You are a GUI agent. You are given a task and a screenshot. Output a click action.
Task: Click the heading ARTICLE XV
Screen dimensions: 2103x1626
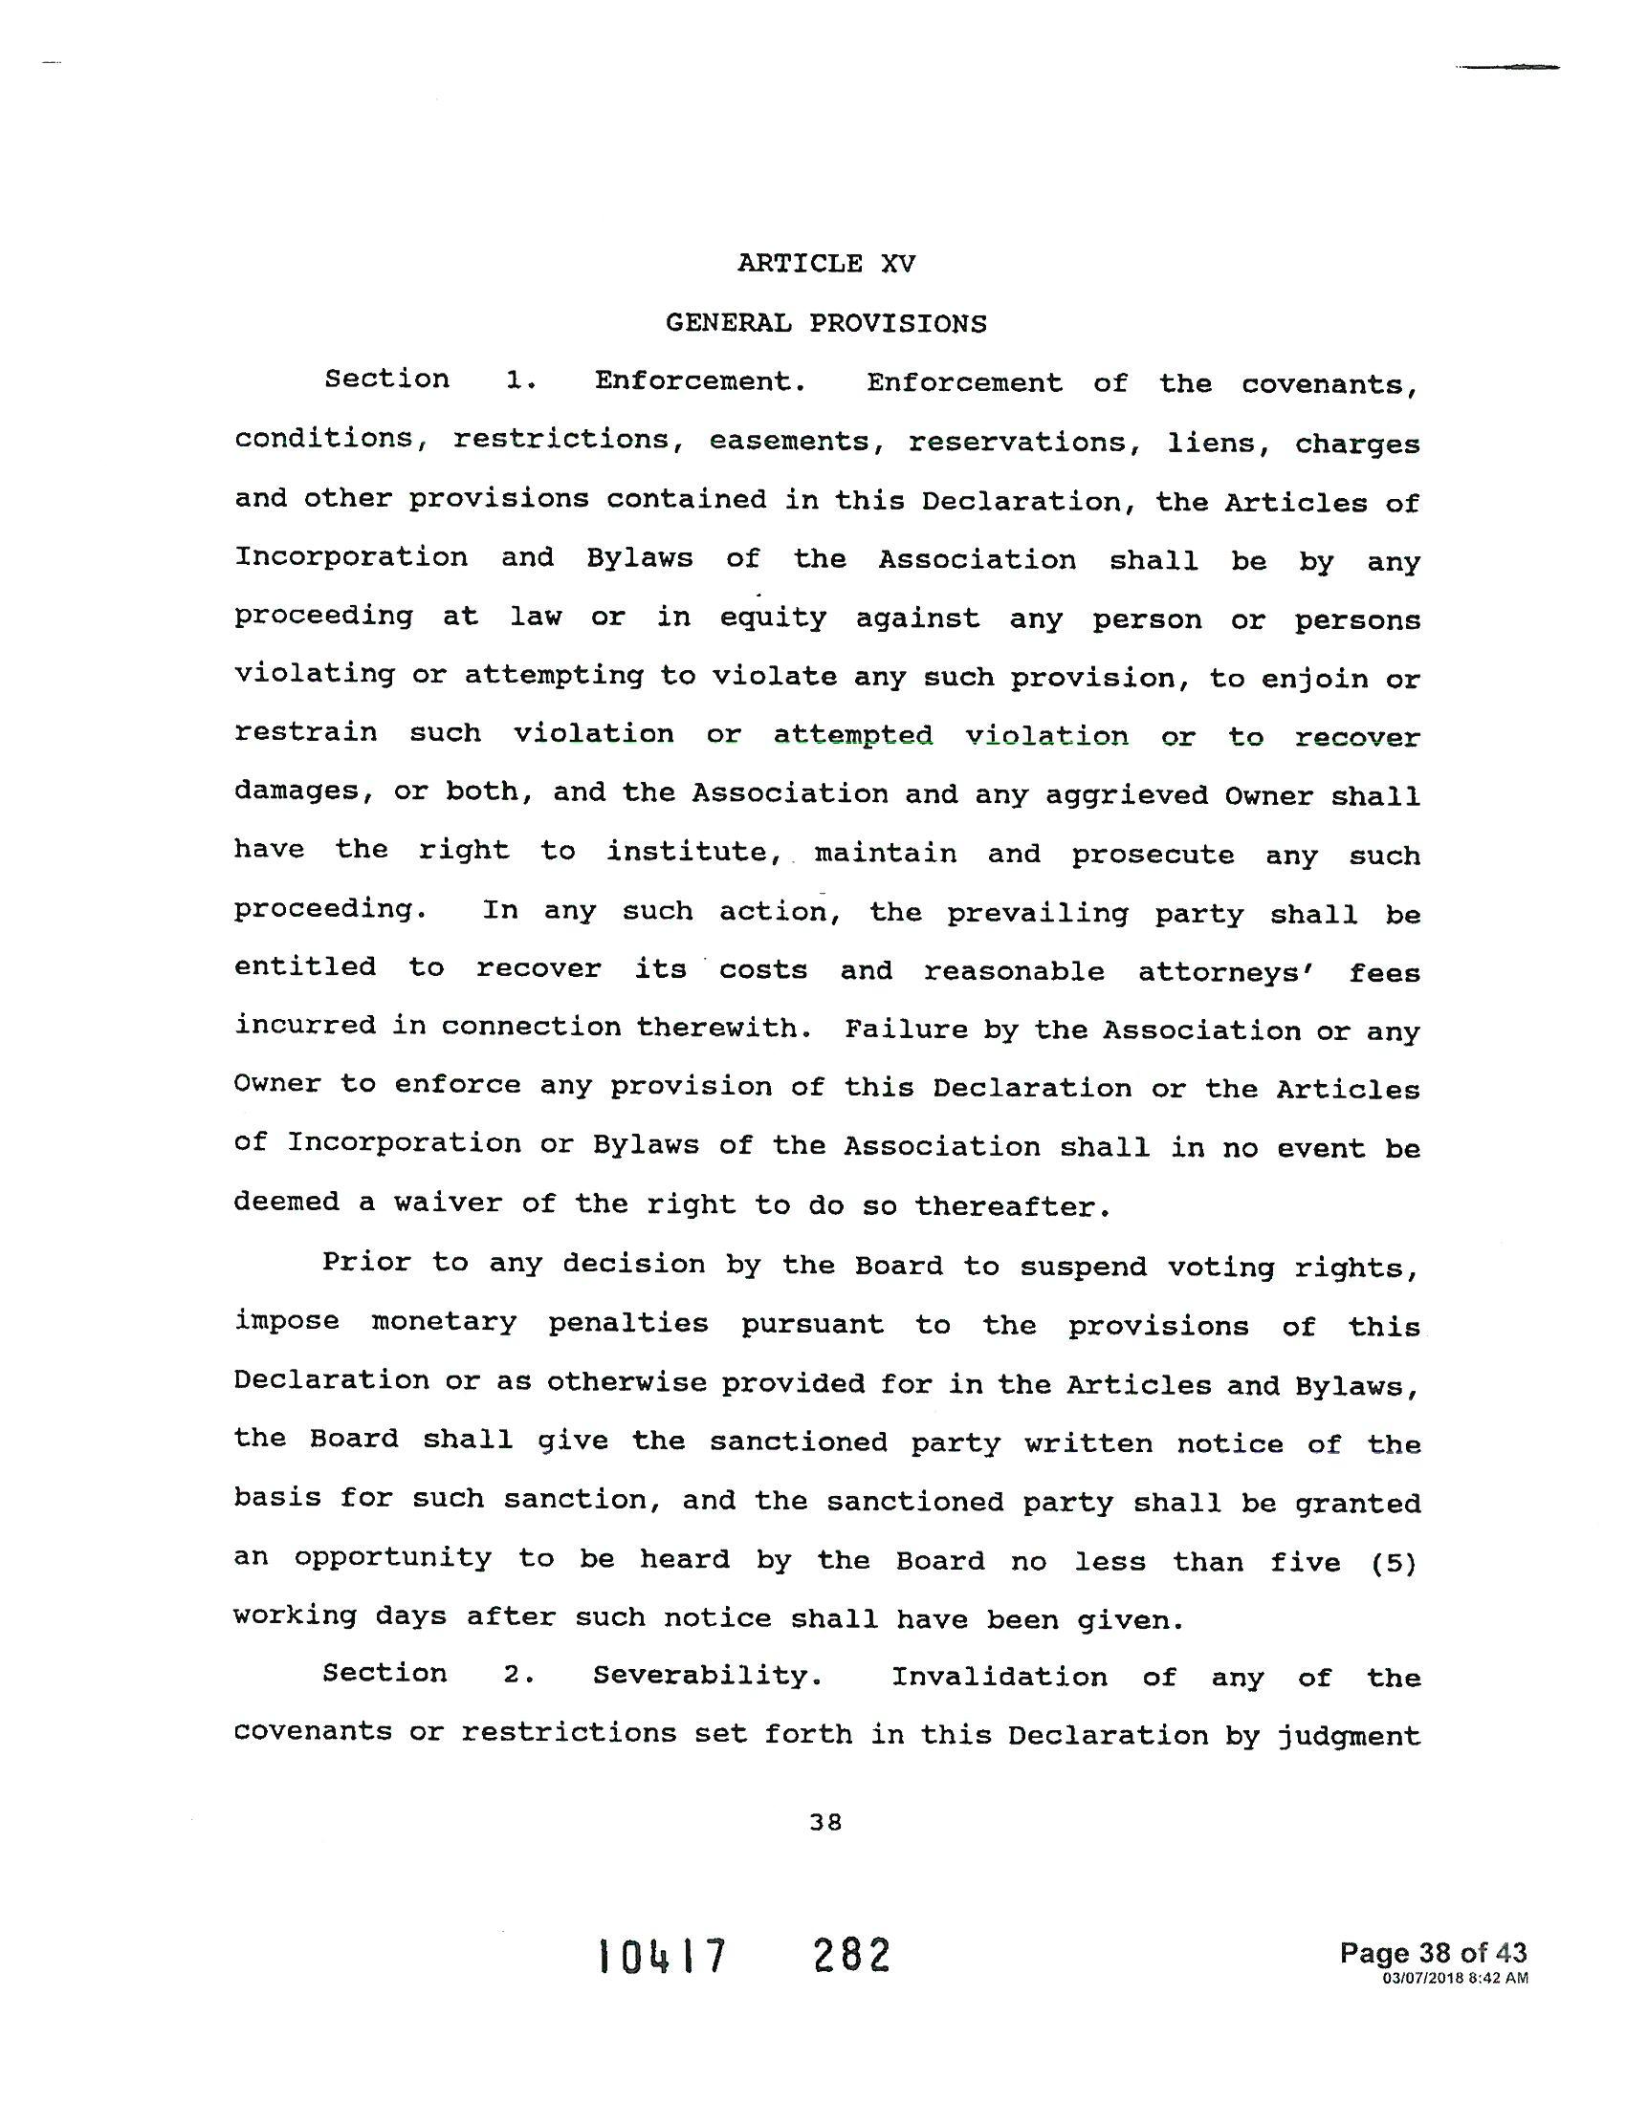[x=825, y=264]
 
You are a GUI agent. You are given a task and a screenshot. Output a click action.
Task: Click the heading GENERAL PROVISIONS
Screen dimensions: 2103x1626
[x=825, y=323]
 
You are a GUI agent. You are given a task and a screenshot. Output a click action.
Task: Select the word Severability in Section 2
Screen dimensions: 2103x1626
[x=707, y=1677]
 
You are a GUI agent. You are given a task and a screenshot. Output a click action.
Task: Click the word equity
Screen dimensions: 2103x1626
[x=774, y=618]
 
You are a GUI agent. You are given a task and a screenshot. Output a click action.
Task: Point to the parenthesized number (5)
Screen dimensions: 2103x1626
[x=1394, y=1562]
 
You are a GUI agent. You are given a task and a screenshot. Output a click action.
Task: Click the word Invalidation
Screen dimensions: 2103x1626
[x=999, y=1678]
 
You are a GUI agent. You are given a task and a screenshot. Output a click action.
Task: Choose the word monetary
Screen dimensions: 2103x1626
[x=444, y=1323]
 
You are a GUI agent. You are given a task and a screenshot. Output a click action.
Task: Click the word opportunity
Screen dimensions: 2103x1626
[x=393, y=1560]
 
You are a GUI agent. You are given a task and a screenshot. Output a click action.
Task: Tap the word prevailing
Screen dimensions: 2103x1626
[x=1037, y=914]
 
